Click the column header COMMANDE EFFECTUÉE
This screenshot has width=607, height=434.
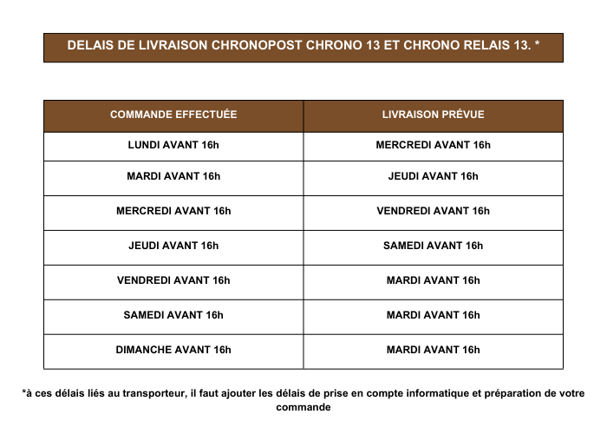(173, 115)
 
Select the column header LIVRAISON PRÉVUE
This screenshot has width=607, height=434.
(433, 115)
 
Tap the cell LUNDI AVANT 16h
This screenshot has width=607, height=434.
(173, 145)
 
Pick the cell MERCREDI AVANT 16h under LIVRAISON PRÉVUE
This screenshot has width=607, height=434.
(433, 145)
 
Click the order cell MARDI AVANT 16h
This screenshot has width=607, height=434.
(173, 176)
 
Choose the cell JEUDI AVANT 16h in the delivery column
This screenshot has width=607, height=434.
(433, 176)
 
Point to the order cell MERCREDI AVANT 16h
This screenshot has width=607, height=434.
(173, 211)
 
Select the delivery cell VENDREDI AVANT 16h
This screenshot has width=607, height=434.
(433, 211)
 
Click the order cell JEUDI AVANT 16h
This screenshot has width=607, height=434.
(173, 246)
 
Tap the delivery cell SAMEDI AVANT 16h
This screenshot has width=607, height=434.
(433, 246)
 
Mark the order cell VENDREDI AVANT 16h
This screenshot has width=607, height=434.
(173, 280)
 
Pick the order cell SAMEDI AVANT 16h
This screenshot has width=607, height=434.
(173, 315)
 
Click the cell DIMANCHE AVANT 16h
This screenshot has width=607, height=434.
(173, 350)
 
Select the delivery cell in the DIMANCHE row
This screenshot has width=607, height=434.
(433, 350)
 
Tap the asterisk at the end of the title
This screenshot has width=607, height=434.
(538, 46)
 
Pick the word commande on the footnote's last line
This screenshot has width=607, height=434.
(303, 406)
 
